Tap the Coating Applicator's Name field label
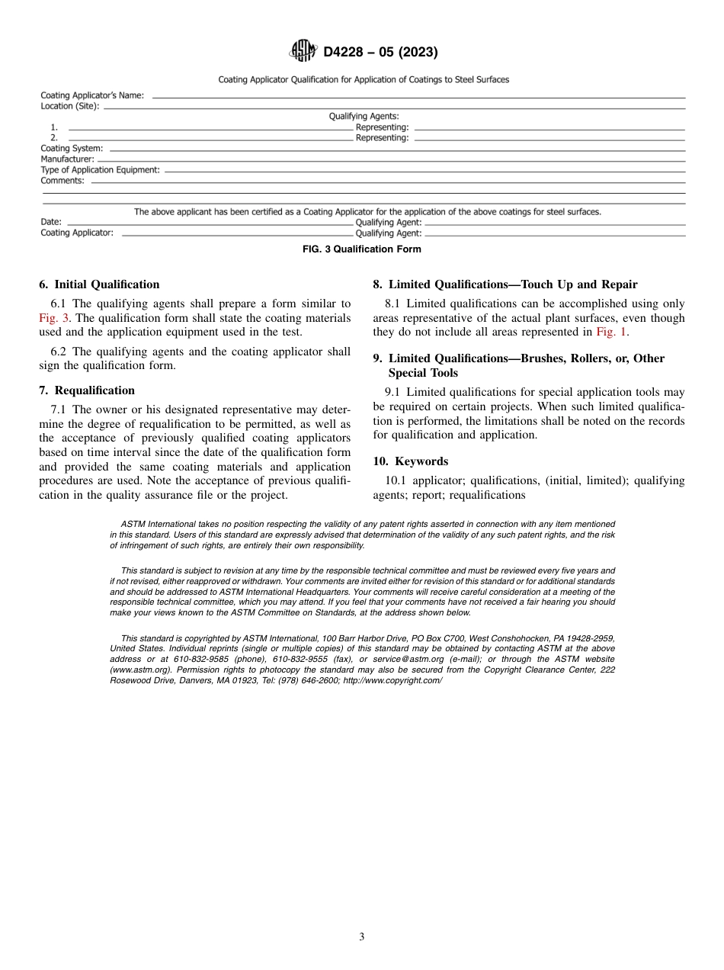(x=92, y=95)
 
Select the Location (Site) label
(x=70, y=106)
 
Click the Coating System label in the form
(x=72, y=148)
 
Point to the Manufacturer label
(x=68, y=159)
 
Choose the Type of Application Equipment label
(x=101, y=170)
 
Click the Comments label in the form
(x=62, y=181)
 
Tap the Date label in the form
(x=51, y=223)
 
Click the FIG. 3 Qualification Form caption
(x=362, y=249)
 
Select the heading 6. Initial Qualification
(x=99, y=284)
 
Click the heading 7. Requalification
(x=87, y=390)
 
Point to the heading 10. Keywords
(x=411, y=461)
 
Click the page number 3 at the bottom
(x=362, y=937)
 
